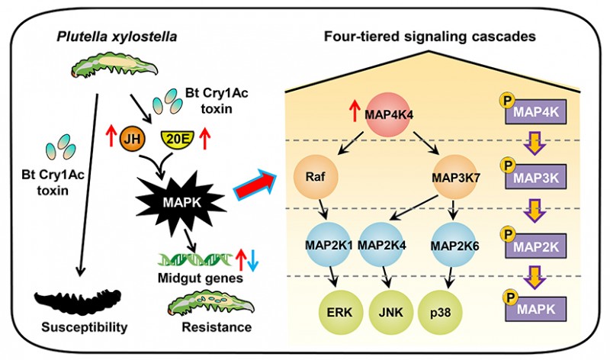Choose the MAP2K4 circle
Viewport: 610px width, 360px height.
click(x=381, y=244)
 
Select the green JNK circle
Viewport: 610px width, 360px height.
click(x=390, y=312)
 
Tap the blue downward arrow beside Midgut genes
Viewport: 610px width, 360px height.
click(x=253, y=262)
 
